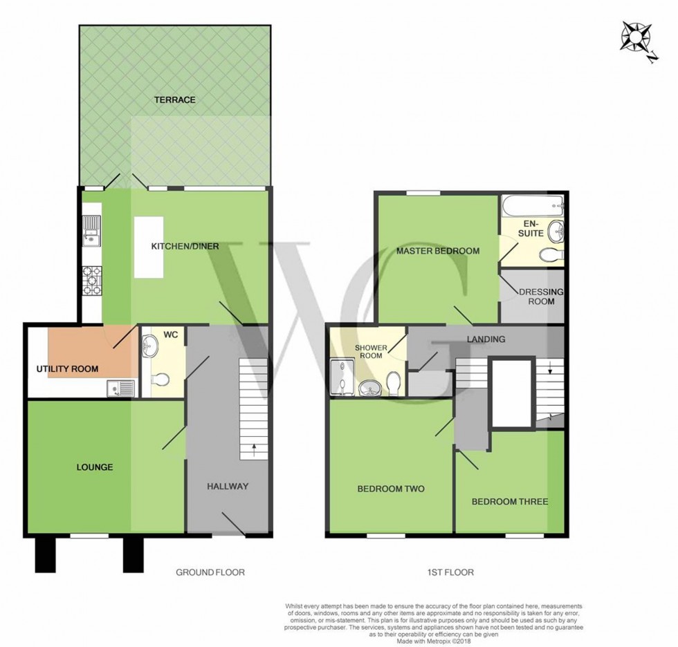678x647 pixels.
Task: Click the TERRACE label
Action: pyautogui.click(x=174, y=100)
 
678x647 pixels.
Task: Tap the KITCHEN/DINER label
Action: pyautogui.click(x=185, y=246)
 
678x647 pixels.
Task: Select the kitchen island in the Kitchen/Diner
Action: pyautogui.click(x=149, y=247)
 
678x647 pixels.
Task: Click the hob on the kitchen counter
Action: pyautogui.click(x=92, y=280)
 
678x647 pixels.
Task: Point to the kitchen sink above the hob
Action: pyautogui.click(x=91, y=231)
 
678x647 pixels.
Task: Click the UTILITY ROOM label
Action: pyautogui.click(x=67, y=369)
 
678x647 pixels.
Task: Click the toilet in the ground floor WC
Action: pyautogui.click(x=160, y=380)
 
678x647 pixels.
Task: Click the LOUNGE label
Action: pyautogui.click(x=94, y=467)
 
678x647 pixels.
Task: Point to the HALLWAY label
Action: pyautogui.click(x=227, y=486)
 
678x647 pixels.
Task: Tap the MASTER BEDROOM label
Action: pyautogui.click(x=437, y=251)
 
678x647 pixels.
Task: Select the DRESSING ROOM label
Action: pyautogui.click(x=541, y=297)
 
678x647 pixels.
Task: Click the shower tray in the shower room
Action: pyautogui.click(x=343, y=377)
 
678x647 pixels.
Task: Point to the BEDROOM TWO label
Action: pyautogui.click(x=390, y=489)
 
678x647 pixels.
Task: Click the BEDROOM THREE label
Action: pyautogui.click(x=510, y=501)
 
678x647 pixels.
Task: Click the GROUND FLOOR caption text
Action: pyautogui.click(x=210, y=572)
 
